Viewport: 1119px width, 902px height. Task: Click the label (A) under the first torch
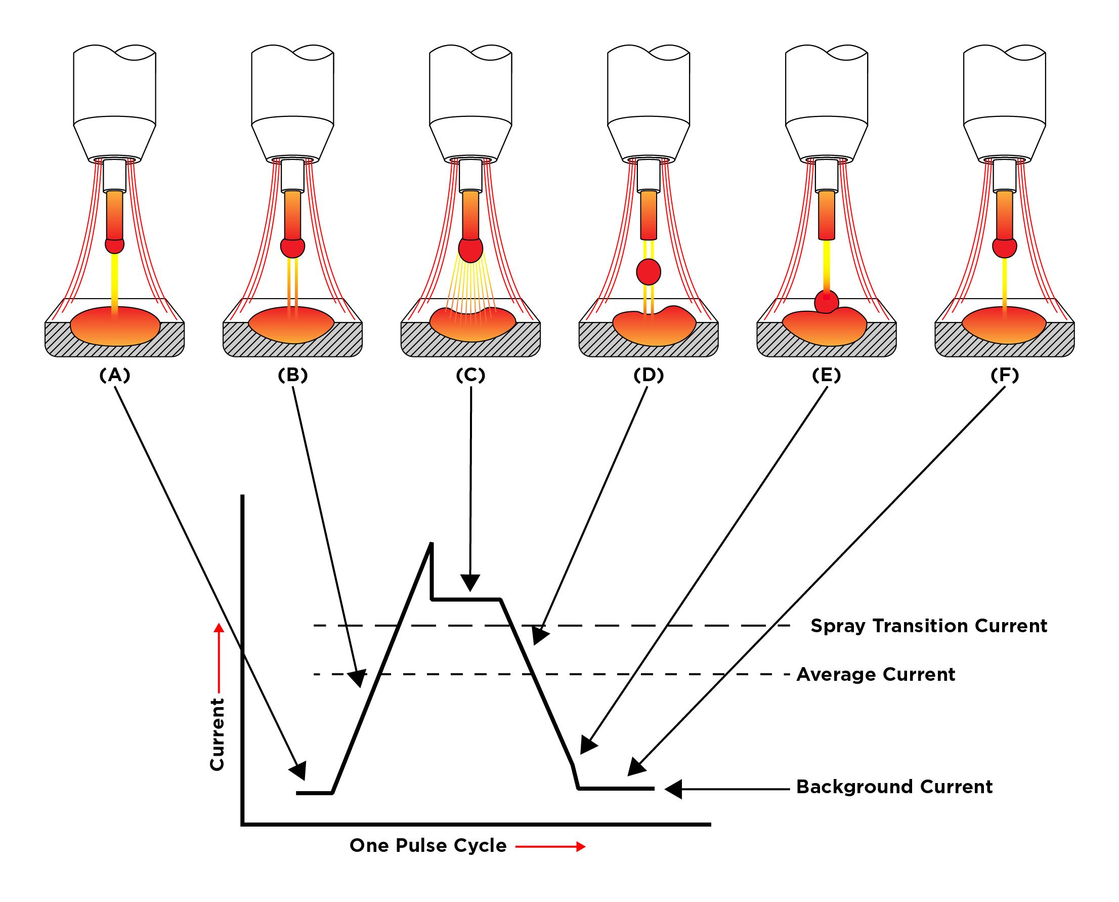pyautogui.click(x=115, y=375)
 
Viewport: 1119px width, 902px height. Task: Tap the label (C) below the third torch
pyautogui.click(x=470, y=375)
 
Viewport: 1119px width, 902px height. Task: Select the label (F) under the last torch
pyautogui.click(x=1004, y=375)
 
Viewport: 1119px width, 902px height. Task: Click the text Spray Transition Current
pyautogui.click(x=928, y=626)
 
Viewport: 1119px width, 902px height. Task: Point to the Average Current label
pyautogui.click(x=876, y=674)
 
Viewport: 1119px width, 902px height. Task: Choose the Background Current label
pyautogui.click(x=894, y=787)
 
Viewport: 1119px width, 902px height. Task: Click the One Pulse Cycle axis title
pyautogui.click(x=428, y=846)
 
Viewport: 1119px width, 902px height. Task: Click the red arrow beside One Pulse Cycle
pyautogui.click(x=550, y=847)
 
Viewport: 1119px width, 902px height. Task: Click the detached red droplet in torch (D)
pyautogui.click(x=649, y=272)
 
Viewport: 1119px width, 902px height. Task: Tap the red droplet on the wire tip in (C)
pyautogui.click(x=470, y=250)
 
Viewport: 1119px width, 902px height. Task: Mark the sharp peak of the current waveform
pyautogui.click(x=431, y=545)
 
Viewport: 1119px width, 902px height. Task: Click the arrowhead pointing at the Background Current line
pyautogui.click(x=673, y=789)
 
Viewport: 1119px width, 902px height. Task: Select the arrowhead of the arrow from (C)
pyautogui.click(x=470, y=583)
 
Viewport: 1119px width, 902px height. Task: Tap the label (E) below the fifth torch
pyautogui.click(x=826, y=375)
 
